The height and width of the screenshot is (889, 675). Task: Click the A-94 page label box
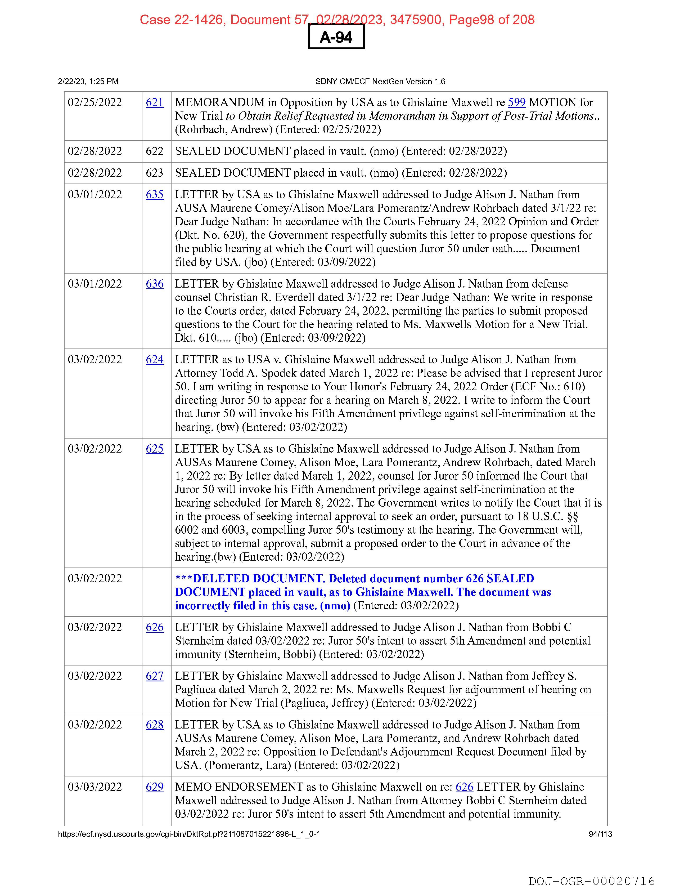pyautogui.click(x=336, y=37)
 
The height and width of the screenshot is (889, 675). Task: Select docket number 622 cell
pyautogui.click(x=155, y=151)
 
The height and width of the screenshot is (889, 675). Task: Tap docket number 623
pyautogui.click(x=155, y=173)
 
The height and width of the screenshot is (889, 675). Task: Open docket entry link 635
pyautogui.click(x=155, y=195)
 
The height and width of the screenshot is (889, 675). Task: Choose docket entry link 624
pyautogui.click(x=155, y=359)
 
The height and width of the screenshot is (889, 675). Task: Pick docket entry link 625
pyautogui.click(x=155, y=449)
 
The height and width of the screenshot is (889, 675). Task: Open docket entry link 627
pyautogui.click(x=155, y=676)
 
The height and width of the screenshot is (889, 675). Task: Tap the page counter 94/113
pyautogui.click(x=600, y=834)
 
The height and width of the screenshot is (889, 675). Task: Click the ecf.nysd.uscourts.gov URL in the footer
pyautogui.click(x=189, y=834)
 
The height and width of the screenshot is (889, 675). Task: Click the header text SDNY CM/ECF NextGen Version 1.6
pyautogui.click(x=380, y=82)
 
